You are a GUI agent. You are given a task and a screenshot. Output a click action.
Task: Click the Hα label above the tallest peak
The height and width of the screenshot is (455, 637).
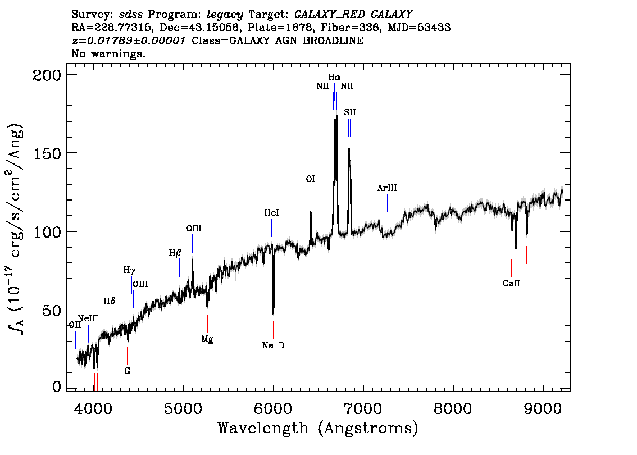coord(334,76)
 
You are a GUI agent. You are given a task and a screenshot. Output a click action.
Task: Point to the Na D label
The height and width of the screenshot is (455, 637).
coord(273,345)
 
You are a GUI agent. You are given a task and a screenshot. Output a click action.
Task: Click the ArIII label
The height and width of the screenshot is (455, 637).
coord(387,189)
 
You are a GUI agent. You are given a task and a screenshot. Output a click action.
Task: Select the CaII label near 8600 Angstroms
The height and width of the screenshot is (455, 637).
coord(511,284)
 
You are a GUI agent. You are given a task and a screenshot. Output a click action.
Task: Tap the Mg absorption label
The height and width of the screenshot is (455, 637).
coord(207,339)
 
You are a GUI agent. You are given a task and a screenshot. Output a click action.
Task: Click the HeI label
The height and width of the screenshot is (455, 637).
coord(271,213)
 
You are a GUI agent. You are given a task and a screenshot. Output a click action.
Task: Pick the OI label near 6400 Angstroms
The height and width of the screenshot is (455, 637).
coord(310,179)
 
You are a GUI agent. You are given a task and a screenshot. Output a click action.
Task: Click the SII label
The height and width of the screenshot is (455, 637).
coord(349,112)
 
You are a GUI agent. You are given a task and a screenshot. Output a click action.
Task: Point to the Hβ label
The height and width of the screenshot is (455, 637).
coord(175,253)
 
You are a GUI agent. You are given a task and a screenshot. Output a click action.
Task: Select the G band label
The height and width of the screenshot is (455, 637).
coord(128,371)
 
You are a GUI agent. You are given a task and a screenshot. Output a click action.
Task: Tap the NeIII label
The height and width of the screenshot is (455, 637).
coord(88,319)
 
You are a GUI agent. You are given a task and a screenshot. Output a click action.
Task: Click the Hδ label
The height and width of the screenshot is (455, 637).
coord(110,302)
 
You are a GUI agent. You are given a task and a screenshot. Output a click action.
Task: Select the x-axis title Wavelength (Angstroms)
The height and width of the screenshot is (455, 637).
coord(318,428)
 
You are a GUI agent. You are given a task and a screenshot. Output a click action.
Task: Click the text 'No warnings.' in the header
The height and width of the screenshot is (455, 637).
coord(108,54)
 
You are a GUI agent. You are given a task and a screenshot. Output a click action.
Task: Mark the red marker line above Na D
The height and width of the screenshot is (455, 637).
coord(274,330)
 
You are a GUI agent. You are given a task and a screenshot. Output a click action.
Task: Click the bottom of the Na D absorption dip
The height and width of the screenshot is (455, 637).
coord(274,313)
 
